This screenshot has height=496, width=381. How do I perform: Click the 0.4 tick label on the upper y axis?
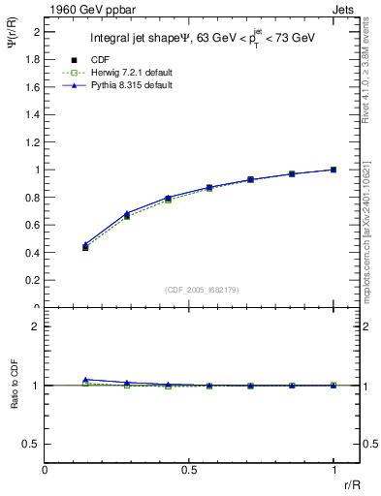32,253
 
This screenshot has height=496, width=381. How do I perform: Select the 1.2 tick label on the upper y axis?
32,142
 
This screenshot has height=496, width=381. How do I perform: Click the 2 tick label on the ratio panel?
36,326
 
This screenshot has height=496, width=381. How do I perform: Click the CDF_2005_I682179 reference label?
189,290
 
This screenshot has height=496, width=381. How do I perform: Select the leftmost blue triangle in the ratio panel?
85,380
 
